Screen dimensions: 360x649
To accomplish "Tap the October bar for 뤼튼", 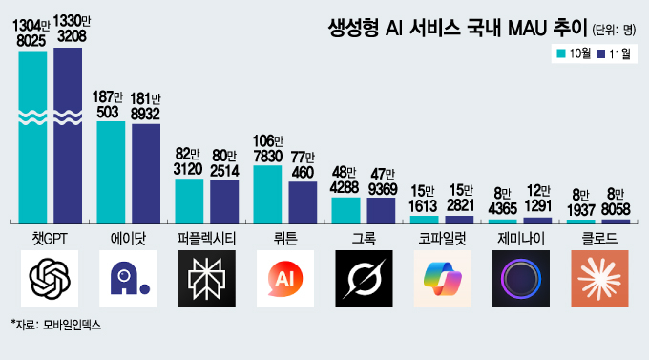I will pos(268,194).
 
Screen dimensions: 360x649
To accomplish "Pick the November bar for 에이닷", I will pos(146,173).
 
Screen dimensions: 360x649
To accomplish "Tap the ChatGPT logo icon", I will pos(51,279).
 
